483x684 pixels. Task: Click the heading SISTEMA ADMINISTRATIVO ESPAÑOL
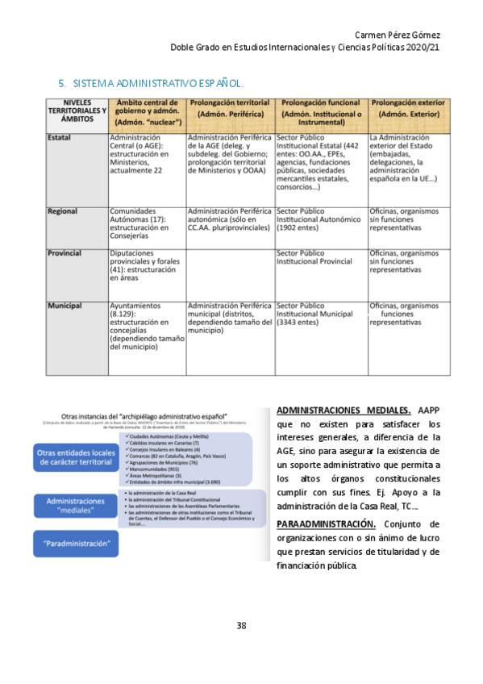point(157,84)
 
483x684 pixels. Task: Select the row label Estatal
point(59,138)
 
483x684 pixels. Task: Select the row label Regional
point(63,211)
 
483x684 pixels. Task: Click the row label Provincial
point(65,253)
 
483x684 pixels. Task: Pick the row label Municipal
point(64,307)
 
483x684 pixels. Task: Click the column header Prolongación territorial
point(230,109)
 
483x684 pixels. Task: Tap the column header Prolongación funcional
point(321,109)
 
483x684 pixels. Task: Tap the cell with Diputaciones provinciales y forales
point(146,265)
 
